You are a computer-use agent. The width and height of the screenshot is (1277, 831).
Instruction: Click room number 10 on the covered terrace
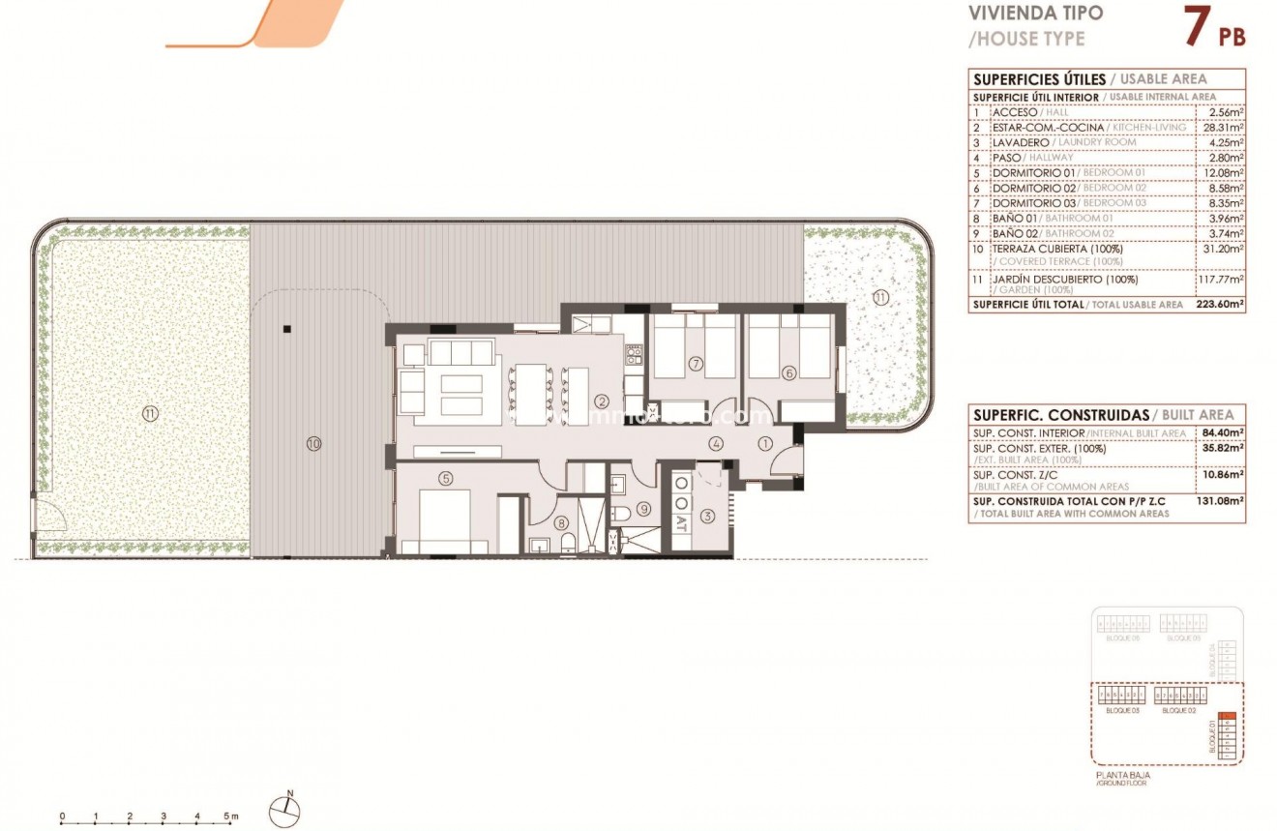click(312, 444)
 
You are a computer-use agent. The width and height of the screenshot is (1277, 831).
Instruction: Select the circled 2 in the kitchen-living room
click(601, 401)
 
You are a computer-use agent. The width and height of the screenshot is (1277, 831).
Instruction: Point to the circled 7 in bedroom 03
click(695, 364)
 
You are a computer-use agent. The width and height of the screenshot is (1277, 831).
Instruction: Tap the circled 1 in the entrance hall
click(764, 444)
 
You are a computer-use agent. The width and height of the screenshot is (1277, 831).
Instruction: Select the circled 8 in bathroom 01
click(563, 524)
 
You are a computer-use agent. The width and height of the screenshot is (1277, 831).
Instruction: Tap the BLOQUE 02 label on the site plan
click(1178, 710)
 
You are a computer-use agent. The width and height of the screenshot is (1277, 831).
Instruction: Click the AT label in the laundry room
click(682, 528)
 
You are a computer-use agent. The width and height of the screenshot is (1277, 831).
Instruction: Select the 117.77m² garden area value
click(1221, 280)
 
